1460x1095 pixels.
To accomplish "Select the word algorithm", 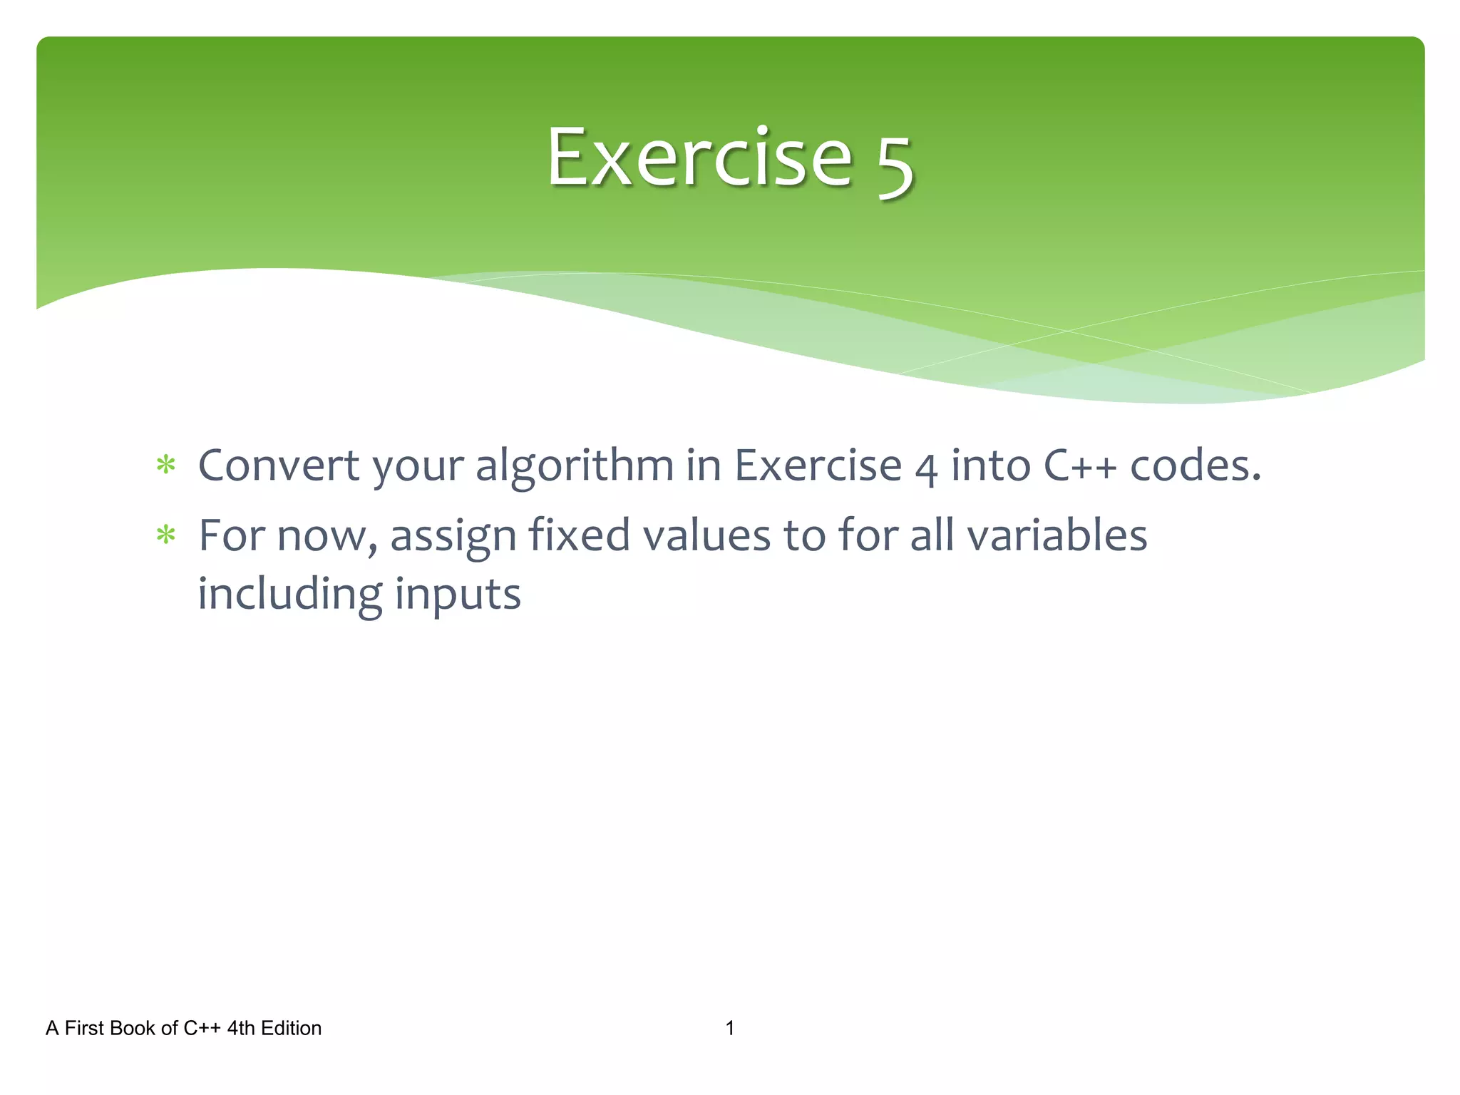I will [575, 467].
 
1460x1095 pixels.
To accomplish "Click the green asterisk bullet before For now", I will [166, 535].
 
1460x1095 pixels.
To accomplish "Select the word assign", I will [453, 537].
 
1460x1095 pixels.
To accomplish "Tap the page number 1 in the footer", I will [729, 1028].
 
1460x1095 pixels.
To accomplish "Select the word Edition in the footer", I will [291, 1028].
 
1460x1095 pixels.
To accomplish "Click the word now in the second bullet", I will [325, 536].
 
